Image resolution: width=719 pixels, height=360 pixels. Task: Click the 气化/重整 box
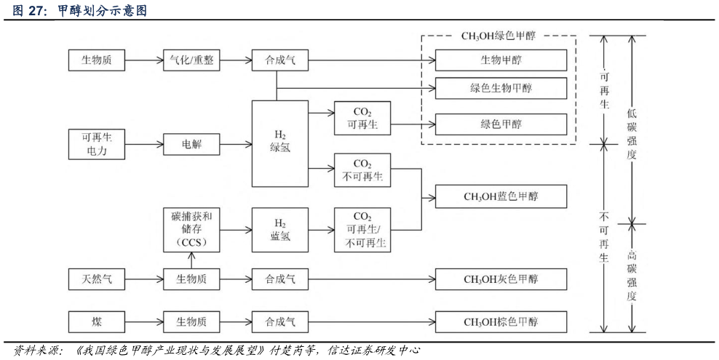click(191, 60)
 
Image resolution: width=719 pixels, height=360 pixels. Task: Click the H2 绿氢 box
click(280, 143)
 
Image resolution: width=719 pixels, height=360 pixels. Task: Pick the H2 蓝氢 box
click(280, 229)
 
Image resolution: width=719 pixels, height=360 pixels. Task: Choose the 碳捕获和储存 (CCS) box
click(191, 229)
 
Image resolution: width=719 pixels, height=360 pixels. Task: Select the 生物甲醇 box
click(501, 60)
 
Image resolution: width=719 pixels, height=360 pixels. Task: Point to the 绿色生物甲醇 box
click(501, 88)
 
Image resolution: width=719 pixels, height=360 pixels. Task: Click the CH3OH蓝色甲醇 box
click(501, 196)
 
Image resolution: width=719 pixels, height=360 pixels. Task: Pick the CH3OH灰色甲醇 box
click(501, 279)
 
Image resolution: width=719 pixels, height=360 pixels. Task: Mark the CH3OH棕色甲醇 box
click(501, 321)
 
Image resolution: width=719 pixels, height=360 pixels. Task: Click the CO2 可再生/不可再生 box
click(362, 229)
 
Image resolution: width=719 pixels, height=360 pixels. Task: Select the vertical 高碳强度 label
click(632, 276)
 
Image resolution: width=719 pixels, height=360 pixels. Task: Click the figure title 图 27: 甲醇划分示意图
click(80, 9)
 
